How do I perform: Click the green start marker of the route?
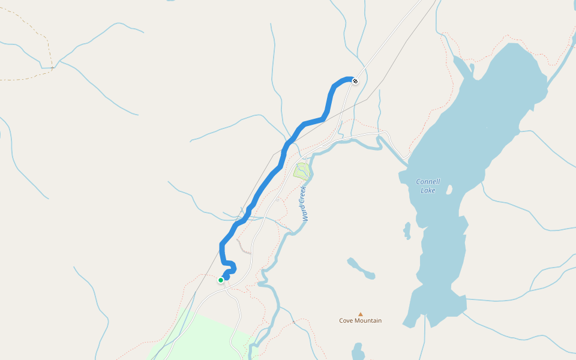tap(221, 280)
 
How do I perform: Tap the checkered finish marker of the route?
tap(355, 80)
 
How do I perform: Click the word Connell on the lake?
tap(428, 182)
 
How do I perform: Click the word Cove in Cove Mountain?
tap(346, 320)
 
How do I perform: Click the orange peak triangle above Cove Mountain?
tap(361, 314)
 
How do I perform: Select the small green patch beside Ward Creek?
tap(302, 171)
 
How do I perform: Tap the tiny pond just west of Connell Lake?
tap(407, 230)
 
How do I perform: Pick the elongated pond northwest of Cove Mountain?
tap(361, 268)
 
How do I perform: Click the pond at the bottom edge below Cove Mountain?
tap(358, 351)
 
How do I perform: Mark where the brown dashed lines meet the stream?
tap(52, 67)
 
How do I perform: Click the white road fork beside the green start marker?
tap(224, 287)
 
